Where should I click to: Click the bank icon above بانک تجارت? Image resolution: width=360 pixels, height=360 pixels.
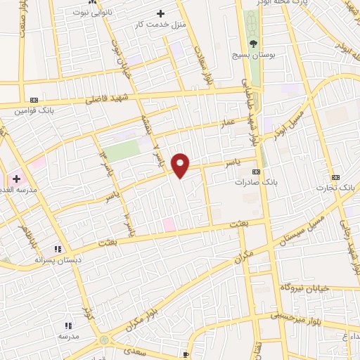point(335,178)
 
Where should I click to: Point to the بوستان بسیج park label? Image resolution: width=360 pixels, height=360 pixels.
point(254,53)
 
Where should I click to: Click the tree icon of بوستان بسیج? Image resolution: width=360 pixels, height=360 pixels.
point(253,42)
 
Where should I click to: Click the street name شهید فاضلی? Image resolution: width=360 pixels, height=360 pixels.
point(104,99)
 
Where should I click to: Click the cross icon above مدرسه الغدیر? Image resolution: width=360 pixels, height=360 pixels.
point(16,179)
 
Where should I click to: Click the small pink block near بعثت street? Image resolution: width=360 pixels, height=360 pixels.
point(169,224)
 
